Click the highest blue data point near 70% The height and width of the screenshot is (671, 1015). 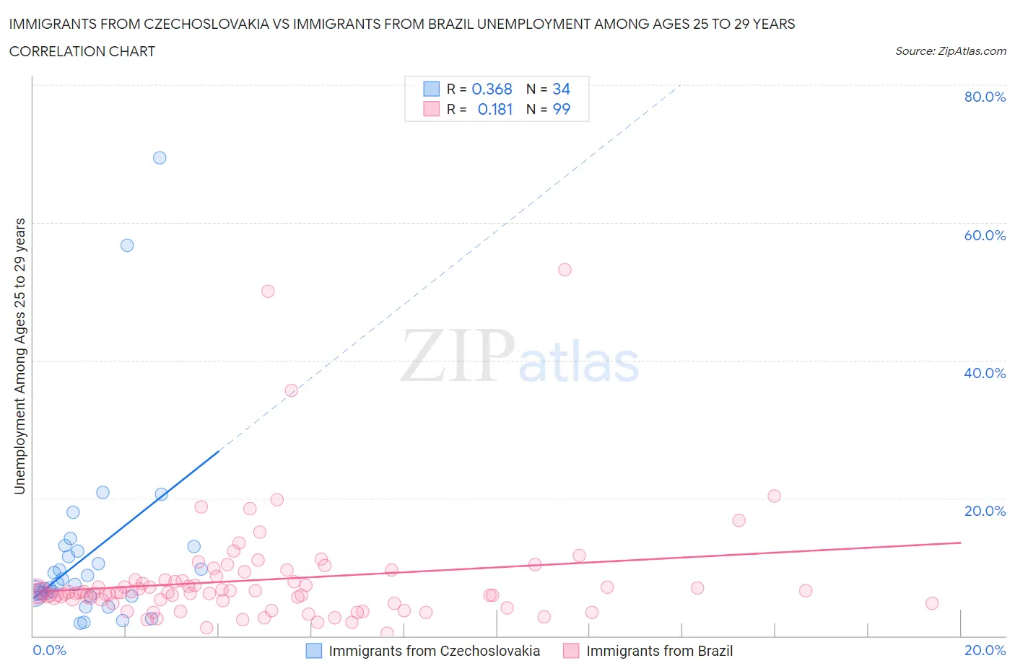click(160, 158)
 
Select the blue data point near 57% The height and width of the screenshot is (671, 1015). click(127, 245)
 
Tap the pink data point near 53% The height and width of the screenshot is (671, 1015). click(565, 270)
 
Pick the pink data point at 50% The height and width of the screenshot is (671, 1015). click(268, 291)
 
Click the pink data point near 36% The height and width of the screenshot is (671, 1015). click(292, 390)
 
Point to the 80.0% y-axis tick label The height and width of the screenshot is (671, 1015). click(985, 97)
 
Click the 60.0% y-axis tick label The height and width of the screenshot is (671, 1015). click(985, 235)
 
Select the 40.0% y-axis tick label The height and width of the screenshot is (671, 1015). click(985, 373)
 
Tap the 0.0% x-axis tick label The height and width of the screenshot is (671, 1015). click(49, 650)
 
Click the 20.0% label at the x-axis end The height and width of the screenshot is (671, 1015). click(985, 650)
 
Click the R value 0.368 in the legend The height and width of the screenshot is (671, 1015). click(492, 89)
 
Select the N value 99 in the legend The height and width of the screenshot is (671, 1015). click(561, 109)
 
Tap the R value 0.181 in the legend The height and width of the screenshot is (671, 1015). click(495, 109)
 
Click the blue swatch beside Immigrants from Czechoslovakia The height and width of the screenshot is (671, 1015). click(314, 651)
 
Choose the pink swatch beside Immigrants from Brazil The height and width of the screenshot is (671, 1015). click(571, 651)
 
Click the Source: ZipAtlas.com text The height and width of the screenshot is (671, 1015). click(950, 51)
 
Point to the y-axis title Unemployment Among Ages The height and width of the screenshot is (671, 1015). click(19, 356)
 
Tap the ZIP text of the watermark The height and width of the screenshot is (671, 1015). click(457, 356)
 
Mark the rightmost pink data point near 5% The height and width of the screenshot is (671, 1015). click(932, 603)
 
